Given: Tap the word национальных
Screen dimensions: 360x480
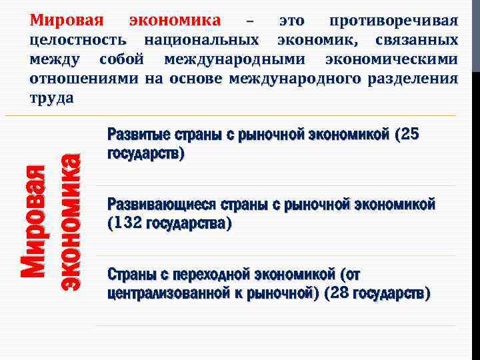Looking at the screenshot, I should click(201, 40).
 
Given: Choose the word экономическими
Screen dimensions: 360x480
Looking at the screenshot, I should click(391, 59).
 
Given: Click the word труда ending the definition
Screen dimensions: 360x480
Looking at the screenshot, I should click(51, 98).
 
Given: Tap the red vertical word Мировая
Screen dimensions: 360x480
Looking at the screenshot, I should click(33, 221).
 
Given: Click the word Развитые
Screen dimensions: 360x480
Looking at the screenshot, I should click(137, 135).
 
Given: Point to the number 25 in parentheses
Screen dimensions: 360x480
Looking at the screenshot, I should click(407, 135).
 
